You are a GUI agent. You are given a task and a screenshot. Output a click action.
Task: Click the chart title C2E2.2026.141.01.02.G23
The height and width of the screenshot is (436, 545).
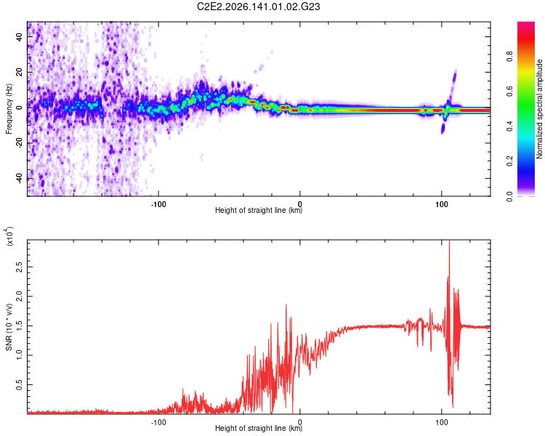[259, 7]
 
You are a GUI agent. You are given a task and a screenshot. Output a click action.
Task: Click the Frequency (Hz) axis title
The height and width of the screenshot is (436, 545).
[9, 109]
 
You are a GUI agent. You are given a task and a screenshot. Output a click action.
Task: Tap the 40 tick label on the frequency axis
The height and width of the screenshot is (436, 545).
[19, 36]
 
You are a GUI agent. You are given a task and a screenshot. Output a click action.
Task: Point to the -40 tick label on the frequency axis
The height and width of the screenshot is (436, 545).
[19, 179]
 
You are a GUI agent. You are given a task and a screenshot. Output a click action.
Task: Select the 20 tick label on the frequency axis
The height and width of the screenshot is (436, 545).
[19, 72]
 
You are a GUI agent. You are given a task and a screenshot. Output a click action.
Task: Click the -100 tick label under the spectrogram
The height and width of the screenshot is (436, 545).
[158, 204]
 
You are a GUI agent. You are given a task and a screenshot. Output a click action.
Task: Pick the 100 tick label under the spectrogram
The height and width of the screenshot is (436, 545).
[441, 204]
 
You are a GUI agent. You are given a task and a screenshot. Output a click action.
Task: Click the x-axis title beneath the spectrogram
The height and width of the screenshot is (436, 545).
[259, 210]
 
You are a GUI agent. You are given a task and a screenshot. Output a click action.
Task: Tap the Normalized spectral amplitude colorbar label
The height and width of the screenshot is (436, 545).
[539, 109]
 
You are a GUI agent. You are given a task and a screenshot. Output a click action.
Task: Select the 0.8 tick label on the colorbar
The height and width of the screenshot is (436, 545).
[509, 57]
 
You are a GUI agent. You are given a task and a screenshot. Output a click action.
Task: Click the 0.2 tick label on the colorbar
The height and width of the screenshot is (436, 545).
[509, 161]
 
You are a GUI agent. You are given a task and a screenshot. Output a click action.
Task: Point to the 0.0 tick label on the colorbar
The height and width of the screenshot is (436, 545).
[509, 196]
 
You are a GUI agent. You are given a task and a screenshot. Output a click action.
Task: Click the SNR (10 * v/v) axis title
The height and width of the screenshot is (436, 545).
[9, 327]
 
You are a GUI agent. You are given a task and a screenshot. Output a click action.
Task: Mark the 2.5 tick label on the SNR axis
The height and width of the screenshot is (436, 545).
[19, 267]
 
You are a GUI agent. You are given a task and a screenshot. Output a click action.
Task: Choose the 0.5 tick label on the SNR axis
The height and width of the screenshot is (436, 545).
[19, 385]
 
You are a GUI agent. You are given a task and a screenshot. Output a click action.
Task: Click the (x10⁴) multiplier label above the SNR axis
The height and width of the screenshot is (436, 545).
[9, 237]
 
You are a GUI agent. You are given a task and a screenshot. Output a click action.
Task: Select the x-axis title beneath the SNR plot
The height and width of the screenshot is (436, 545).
[259, 428]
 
